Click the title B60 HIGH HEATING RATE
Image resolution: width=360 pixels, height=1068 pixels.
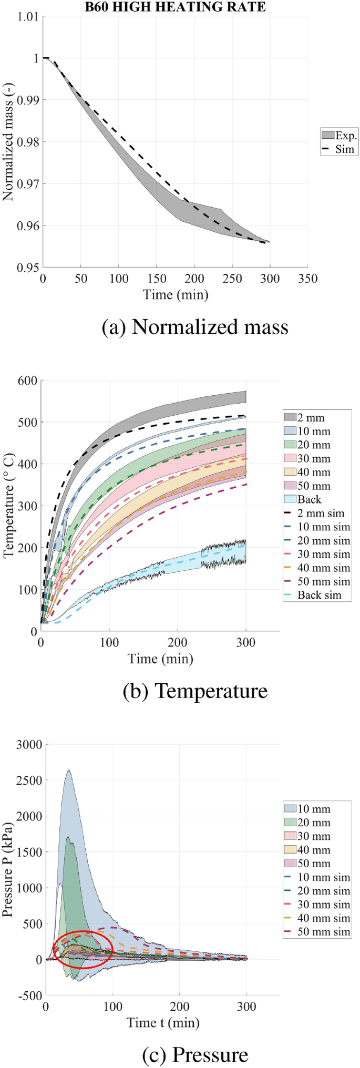point(176,7)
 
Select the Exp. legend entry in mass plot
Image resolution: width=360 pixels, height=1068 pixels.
point(340,136)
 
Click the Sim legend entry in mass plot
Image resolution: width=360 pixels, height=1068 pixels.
point(340,149)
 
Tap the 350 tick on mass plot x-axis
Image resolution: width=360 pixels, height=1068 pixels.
point(307,278)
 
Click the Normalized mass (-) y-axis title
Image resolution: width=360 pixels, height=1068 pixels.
point(8,142)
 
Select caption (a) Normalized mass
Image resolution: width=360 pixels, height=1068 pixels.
point(195,327)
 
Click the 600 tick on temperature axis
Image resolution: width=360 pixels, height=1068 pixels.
point(27,380)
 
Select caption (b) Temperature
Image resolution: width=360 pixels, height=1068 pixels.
point(195,691)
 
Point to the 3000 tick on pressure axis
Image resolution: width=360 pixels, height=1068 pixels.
point(28,744)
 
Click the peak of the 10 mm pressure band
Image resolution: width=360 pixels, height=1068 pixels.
point(68,771)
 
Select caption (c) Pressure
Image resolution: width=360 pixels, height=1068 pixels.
point(195,1055)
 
